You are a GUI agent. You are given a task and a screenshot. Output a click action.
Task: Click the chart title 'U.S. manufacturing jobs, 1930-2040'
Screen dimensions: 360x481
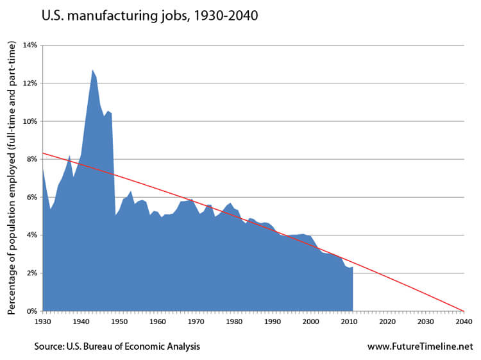tap(149, 15)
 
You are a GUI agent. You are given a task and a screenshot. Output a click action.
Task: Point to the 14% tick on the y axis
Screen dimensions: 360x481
tap(30, 46)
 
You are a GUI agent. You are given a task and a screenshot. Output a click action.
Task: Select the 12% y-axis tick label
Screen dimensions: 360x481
tap(30, 83)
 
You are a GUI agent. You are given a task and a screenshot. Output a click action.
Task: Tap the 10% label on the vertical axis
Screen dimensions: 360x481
tap(30, 121)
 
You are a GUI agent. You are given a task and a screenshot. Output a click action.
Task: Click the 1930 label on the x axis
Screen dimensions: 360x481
tap(42, 321)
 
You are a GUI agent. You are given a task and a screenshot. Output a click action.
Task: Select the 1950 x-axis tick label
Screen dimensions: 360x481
tap(119, 321)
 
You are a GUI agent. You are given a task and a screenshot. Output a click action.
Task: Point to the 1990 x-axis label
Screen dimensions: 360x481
tap(273, 321)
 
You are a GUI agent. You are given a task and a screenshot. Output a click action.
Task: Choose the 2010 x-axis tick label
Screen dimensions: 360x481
tap(349, 321)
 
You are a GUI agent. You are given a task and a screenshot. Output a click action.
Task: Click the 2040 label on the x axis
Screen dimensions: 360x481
tap(464, 321)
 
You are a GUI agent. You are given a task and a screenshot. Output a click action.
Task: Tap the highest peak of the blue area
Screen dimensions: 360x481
tap(92, 69)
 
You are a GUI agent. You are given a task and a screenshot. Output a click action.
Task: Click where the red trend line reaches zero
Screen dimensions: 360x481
tap(464, 311)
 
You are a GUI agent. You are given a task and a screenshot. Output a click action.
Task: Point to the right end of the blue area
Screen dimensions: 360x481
tap(353, 267)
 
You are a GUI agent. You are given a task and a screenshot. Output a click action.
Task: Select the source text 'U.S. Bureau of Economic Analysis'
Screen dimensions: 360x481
tap(117, 347)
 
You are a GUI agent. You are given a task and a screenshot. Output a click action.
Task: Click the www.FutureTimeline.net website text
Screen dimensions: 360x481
tap(419, 347)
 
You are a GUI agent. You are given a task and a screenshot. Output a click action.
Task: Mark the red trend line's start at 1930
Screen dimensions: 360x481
tap(43, 153)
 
